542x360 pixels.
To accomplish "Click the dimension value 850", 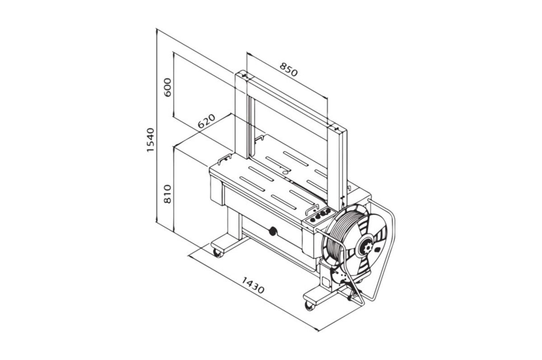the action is [289, 70].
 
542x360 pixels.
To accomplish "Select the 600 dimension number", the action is [168, 87].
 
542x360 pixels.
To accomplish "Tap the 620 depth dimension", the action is [206, 121].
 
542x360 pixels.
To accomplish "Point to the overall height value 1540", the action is [150, 140].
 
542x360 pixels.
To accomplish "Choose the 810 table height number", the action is [168, 194].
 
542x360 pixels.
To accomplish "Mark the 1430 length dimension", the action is [253, 285].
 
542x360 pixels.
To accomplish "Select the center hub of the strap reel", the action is [367, 247].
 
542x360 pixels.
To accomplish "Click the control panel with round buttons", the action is [319, 216].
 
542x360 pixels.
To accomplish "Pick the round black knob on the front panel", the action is [273, 231].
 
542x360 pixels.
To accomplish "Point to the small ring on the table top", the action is [286, 172].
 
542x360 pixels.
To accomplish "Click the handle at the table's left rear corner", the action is [225, 159].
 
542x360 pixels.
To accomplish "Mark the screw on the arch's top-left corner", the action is [245, 76].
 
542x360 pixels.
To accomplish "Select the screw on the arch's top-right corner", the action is [336, 128].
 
